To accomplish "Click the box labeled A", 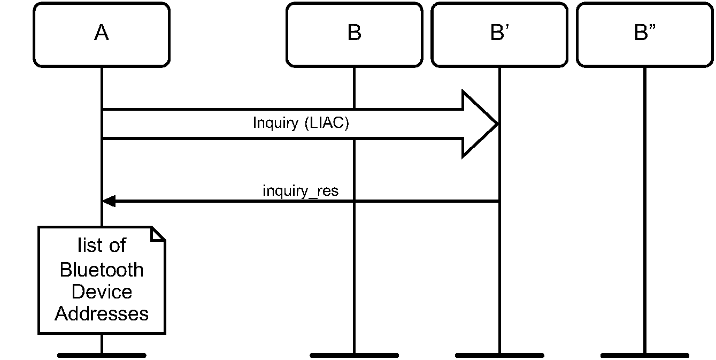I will pyautogui.click(x=102, y=35).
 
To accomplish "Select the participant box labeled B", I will pyautogui.click(x=354, y=35).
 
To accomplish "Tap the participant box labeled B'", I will pyautogui.click(x=499, y=35).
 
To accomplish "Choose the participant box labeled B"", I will pyautogui.click(x=644, y=35).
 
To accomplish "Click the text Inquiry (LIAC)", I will pyautogui.click(x=301, y=123).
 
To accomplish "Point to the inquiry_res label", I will pyautogui.click(x=301, y=191).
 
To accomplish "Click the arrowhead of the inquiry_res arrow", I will pyautogui.click(x=108, y=201).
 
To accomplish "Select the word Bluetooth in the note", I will pyautogui.click(x=102, y=270).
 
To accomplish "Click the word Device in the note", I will pyautogui.click(x=102, y=292).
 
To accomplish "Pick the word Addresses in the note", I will pyautogui.click(x=102, y=313).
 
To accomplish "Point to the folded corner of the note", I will pyautogui.click(x=158, y=234).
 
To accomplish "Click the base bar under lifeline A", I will pyautogui.click(x=102, y=355).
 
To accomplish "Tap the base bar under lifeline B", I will pyautogui.click(x=354, y=355).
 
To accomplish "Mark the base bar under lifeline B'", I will pyautogui.click(x=499, y=355).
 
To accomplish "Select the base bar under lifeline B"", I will pyautogui.click(x=644, y=355).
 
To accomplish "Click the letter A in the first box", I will pyautogui.click(x=102, y=33).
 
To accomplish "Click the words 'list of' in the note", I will pyautogui.click(x=102, y=246).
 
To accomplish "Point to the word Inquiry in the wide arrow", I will pyautogui.click(x=275, y=123).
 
